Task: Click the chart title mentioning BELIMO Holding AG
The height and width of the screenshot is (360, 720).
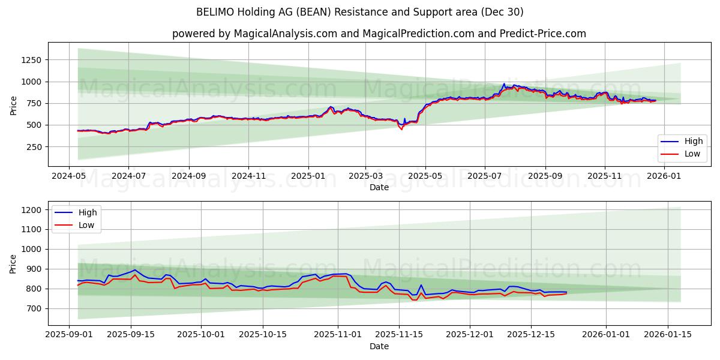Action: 359,12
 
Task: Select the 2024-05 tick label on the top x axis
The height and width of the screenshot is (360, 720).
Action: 69,176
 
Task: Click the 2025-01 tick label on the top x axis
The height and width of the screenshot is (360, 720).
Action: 308,176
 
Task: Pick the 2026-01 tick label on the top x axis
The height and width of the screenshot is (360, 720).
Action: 664,176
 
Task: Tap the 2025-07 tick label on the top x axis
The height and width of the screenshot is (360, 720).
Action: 484,176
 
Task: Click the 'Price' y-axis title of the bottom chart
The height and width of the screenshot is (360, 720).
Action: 13,263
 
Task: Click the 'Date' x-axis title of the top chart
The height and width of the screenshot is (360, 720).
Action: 379,187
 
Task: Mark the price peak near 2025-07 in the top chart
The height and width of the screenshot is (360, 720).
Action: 504,84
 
